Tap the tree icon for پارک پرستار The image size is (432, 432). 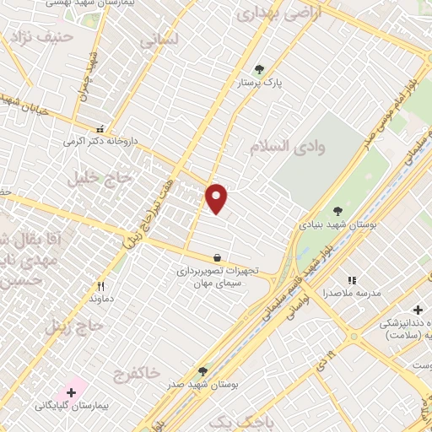(x=259, y=70)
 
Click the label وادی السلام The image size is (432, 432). (x=287, y=147)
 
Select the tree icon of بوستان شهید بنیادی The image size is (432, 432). (x=338, y=211)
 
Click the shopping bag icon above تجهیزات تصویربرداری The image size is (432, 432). (x=218, y=258)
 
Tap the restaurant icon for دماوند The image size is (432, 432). (x=101, y=286)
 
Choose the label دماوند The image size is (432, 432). (x=101, y=299)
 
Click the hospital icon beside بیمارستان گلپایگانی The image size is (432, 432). (x=72, y=392)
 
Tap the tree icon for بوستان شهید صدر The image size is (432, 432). (x=202, y=370)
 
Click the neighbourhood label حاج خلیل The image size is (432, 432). (x=106, y=178)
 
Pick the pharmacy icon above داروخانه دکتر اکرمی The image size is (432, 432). (x=101, y=129)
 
